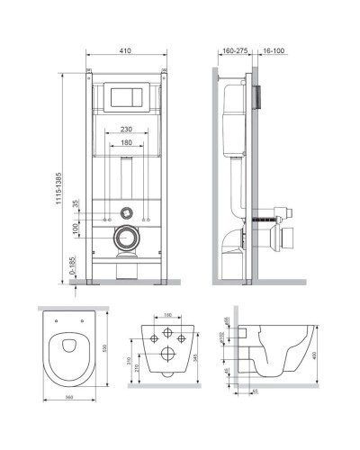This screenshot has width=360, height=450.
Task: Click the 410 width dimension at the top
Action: pos(127,52)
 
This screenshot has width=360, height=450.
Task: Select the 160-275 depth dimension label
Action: pos(233,52)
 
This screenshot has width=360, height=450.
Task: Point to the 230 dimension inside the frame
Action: pos(127,129)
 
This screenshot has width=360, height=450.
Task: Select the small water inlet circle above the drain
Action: pos(127,217)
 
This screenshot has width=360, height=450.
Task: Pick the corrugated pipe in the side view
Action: pos(267,219)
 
